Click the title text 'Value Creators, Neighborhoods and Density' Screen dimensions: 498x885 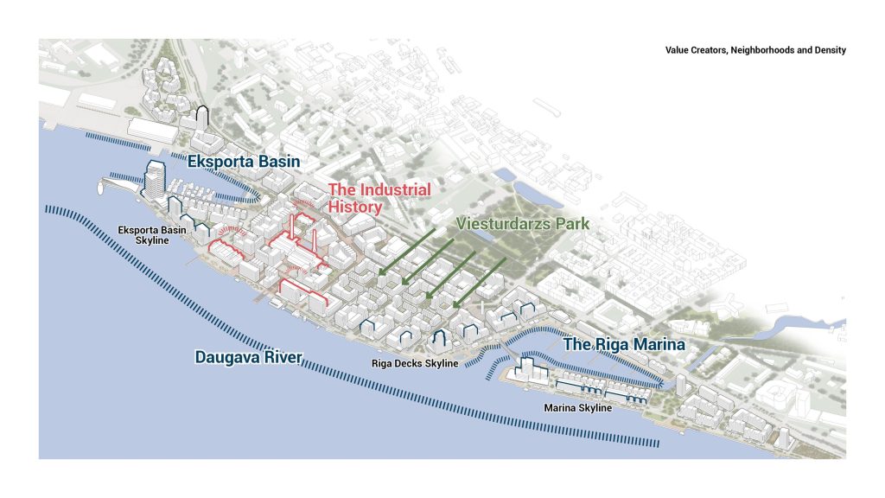point(754,51)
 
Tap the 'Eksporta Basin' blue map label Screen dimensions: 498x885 point(245,162)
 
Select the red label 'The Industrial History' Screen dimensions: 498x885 point(379,198)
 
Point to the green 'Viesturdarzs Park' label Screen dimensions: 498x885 point(523,224)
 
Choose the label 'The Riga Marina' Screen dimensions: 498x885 point(624,344)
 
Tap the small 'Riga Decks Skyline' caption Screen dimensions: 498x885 point(414,364)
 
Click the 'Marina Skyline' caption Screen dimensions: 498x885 point(578,407)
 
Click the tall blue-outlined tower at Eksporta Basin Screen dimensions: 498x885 point(154,178)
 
